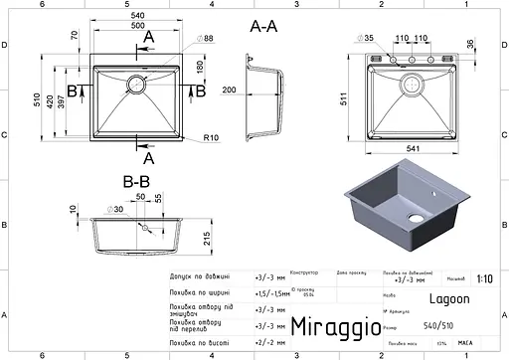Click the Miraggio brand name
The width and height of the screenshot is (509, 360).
coord(335,325)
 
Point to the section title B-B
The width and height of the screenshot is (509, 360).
coord(135,182)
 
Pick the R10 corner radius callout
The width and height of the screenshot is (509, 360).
coord(210,136)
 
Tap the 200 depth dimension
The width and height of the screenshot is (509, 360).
coord(231,90)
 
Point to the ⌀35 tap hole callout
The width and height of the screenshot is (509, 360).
coord(367,38)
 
